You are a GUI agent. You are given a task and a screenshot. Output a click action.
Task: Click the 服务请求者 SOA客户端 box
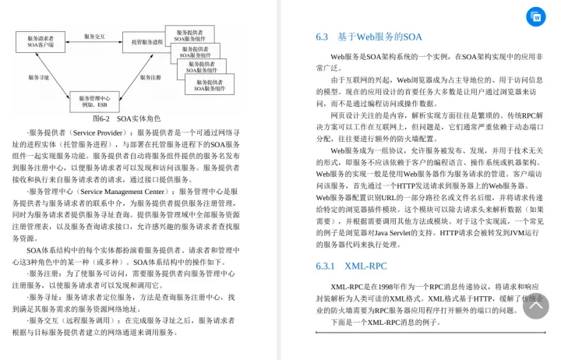click(x=41, y=41)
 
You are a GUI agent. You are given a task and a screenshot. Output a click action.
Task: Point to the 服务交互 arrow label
click(x=94, y=37)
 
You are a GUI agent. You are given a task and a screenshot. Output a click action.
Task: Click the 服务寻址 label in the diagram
click(x=39, y=77)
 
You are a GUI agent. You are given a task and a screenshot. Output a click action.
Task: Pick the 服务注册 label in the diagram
click(x=150, y=77)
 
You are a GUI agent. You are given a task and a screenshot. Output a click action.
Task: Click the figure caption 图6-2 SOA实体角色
click(x=126, y=118)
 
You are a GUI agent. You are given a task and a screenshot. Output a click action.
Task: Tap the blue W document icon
click(x=535, y=16)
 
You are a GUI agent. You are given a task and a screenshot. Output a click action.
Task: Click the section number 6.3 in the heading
click(x=322, y=37)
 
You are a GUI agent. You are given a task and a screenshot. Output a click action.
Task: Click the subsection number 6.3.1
click(x=325, y=266)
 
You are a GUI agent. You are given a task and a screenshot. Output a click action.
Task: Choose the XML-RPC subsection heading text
click(x=365, y=266)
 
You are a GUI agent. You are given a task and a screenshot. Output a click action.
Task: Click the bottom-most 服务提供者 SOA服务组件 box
click(x=209, y=85)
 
